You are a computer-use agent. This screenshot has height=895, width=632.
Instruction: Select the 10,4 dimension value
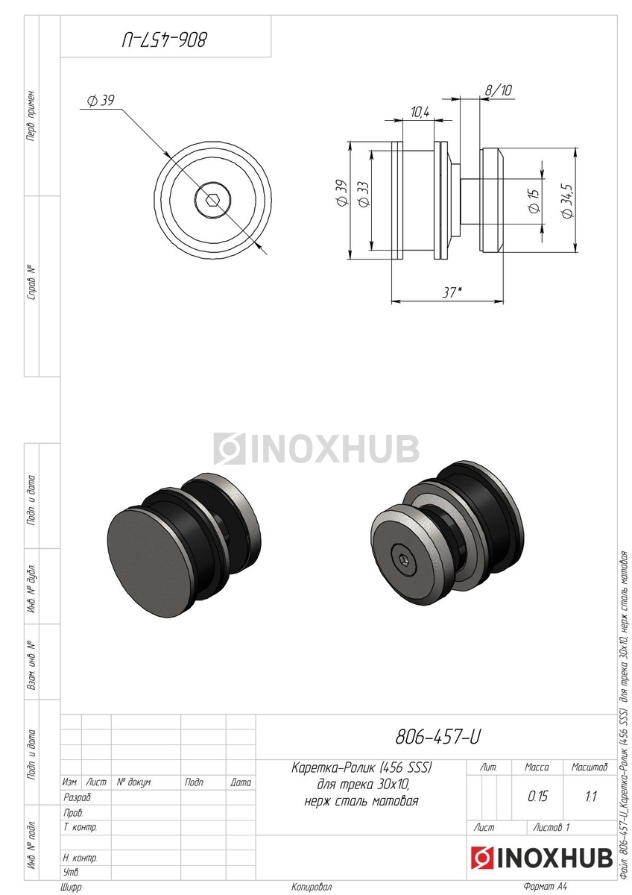(420, 113)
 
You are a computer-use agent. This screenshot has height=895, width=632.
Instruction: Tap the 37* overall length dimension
(452, 292)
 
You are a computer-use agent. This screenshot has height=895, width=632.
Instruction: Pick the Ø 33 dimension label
(364, 195)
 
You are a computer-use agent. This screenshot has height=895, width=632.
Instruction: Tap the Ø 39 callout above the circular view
(101, 101)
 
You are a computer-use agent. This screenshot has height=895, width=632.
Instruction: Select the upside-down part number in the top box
(165, 40)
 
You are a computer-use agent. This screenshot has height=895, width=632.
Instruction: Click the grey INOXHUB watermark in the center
(316, 448)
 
